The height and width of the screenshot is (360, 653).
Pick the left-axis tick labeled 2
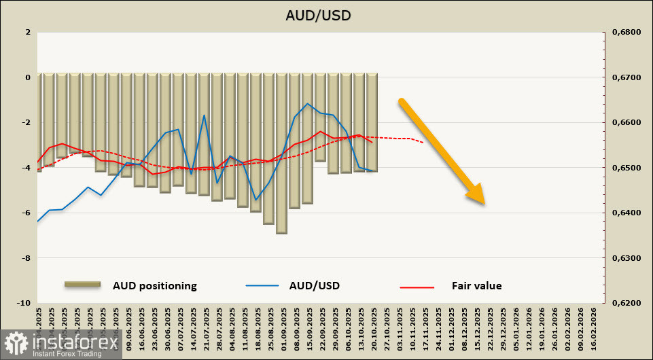[x=28, y=32]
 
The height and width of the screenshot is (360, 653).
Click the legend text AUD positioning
[x=154, y=286]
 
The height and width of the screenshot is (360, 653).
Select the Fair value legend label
[x=476, y=286]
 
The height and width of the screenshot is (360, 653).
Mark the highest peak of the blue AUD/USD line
[x=308, y=104]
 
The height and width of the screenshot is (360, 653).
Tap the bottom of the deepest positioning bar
[x=281, y=233]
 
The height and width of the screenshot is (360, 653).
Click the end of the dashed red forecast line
[x=423, y=143]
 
